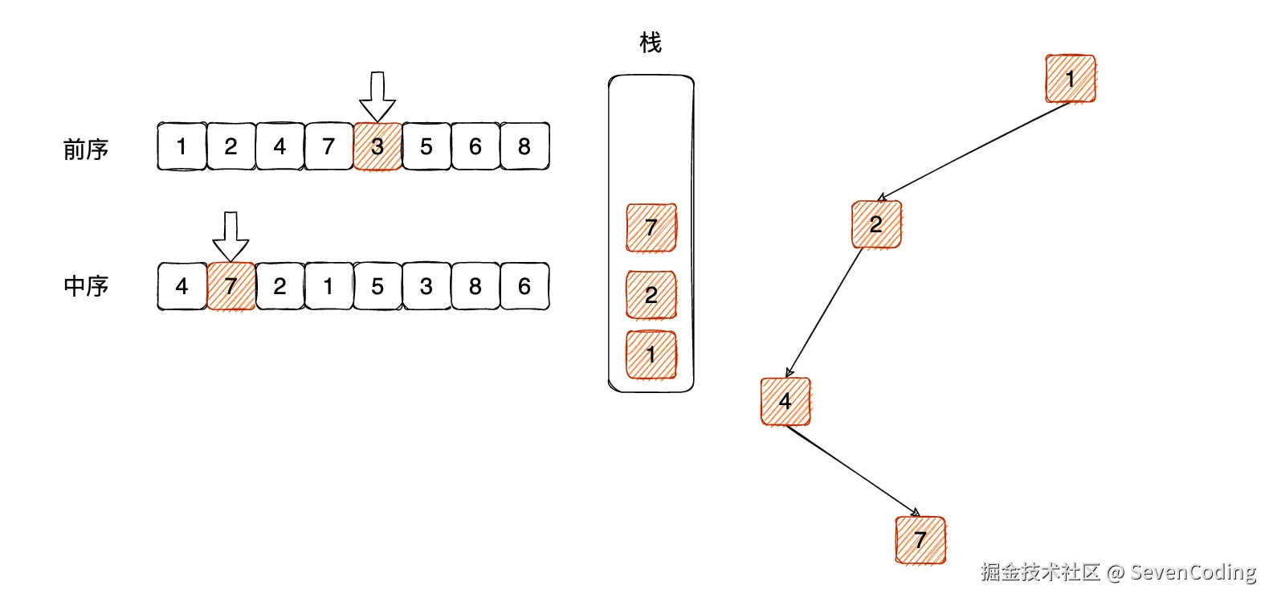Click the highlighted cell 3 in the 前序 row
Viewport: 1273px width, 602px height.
tap(377, 146)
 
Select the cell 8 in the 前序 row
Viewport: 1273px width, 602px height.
tap(524, 146)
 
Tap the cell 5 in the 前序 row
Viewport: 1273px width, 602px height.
tap(426, 146)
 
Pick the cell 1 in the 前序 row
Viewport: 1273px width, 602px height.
tap(182, 146)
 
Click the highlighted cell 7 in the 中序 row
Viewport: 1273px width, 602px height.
tap(231, 286)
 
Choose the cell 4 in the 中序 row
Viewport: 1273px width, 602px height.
tap(182, 286)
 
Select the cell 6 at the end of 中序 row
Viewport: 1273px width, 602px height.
tap(524, 286)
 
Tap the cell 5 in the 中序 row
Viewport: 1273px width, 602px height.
tap(377, 286)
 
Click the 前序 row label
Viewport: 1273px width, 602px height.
tap(86, 149)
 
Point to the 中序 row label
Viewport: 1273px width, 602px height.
tap(86, 286)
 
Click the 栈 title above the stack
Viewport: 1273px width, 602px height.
tap(651, 43)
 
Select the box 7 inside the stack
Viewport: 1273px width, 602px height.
tap(651, 227)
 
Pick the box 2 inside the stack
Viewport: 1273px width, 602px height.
tap(651, 295)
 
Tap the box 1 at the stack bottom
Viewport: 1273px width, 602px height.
tap(651, 354)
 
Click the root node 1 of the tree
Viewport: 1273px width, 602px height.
tap(1070, 79)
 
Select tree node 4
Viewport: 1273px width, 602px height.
tap(785, 401)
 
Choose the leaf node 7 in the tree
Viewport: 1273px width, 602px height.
tap(920, 540)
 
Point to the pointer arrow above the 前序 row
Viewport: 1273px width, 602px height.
tap(377, 96)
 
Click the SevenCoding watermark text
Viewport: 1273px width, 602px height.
tap(1193, 572)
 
